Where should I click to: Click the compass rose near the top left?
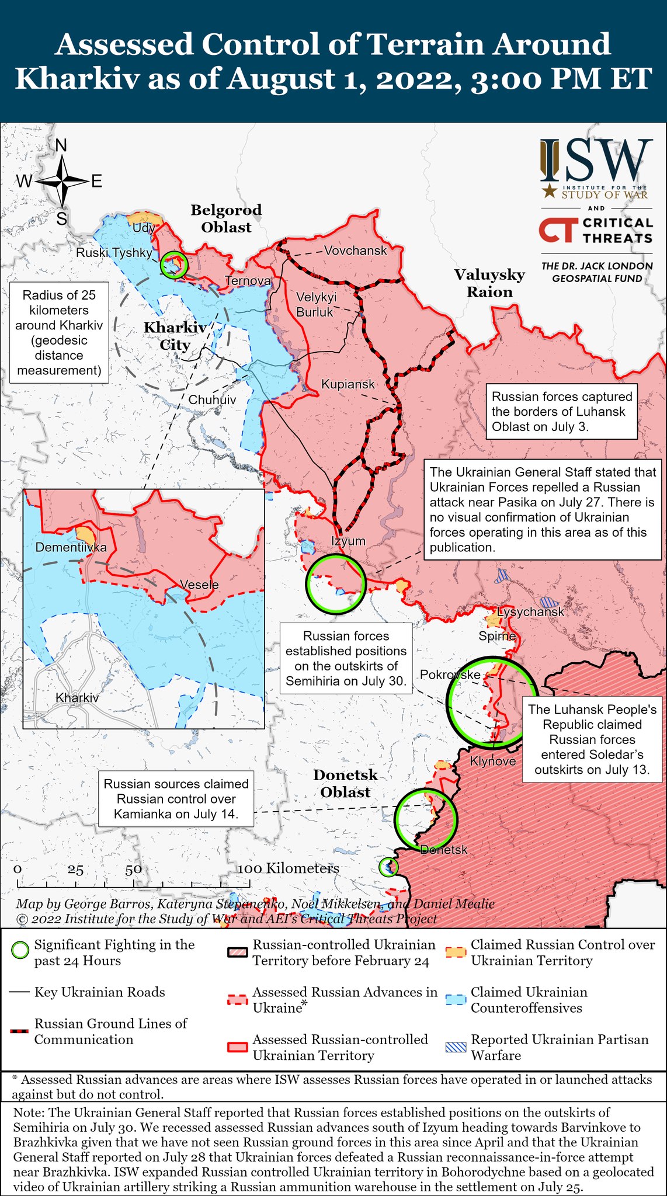(x=61, y=182)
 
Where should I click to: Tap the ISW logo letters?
(x=596, y=161)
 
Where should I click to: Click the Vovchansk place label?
(x=355, y=251)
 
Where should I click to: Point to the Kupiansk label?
(x=348, y=384)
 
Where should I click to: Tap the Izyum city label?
(x=348, y=541)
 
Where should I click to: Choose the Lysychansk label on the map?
(x=530, y=611)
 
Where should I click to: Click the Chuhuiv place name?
(x=212, y=400)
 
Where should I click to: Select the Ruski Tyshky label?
(x=114, y=252)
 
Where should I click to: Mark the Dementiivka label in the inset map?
(x=71, y=547)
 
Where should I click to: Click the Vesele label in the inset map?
(x=199, y=585)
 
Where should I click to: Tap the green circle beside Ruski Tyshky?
(x=174, y=265)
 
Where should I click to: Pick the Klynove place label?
(x=493, y=761)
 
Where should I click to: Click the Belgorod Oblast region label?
(x=226, y=218)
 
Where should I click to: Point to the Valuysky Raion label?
(x=489, y=283)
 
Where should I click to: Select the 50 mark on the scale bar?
(x=133, y=869)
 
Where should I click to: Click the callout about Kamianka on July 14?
(x=176, y=799)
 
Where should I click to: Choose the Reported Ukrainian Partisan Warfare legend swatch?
(x=456, y=1046)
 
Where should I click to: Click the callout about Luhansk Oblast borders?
(x=561, y=411)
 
